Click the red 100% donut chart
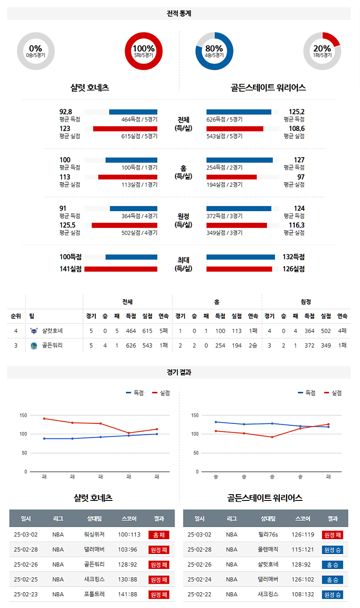click(x=144, y=51)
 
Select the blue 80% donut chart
click(x=214, y=51)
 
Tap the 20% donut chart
click(x=322, y=51)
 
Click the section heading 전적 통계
click(x=179, y=14)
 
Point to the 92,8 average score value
click(x=66, y=112)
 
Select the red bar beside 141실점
click(x=121, y=269)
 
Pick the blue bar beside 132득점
click(x=240, y=257)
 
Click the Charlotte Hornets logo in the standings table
click(x=34, y=331)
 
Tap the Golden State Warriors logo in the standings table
click(x=34, y=346)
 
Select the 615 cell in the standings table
click(x=147, y=331)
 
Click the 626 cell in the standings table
click(x=131, y=346)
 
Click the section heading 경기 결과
click(x=179, y=373)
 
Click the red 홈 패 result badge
click(x=159, y=535)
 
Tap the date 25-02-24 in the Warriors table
click(x=199, y=579)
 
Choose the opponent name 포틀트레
click(x=94, y=594)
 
